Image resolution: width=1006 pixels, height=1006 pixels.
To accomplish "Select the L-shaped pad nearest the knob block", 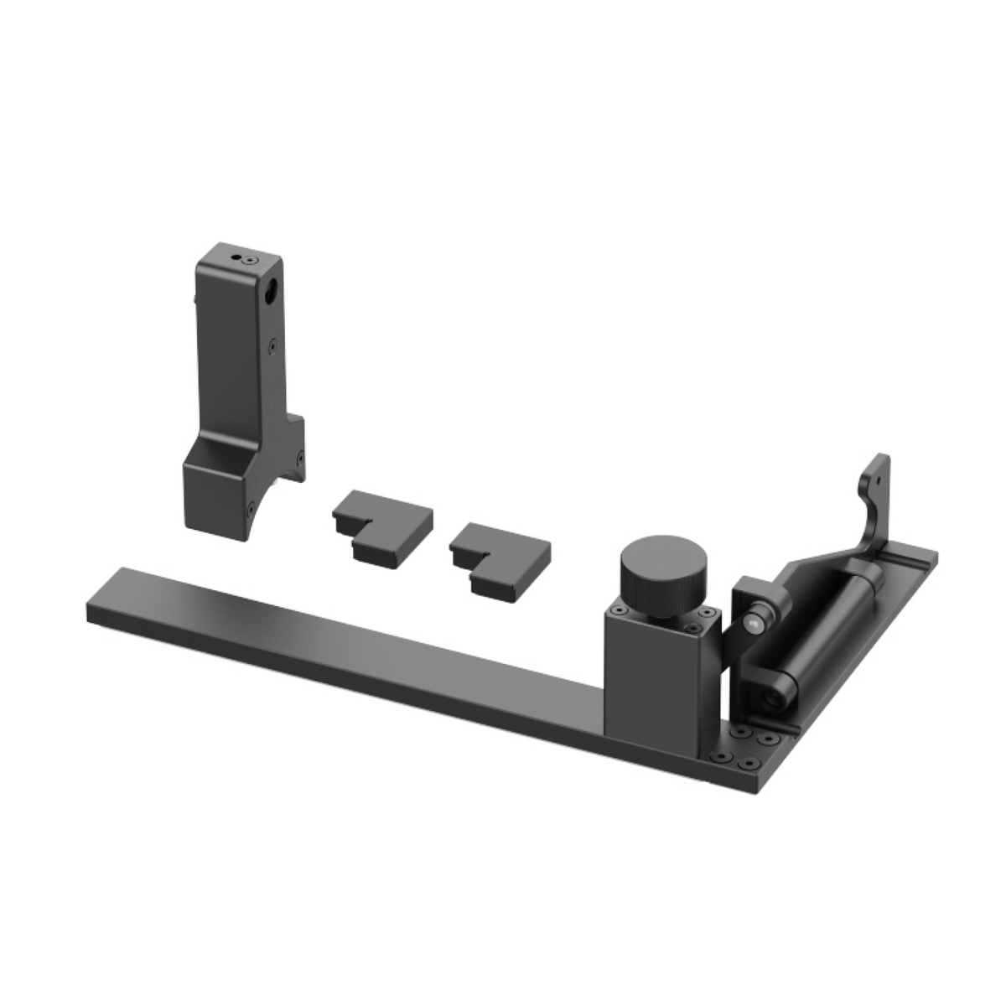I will tap(500, 555).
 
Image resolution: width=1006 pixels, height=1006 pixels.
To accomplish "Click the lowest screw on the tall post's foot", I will tap(251, 506).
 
